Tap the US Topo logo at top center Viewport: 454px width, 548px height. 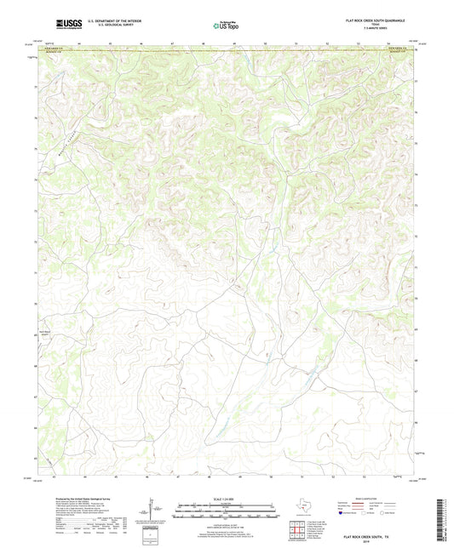(226, 26)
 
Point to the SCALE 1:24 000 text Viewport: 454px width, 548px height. (226, 498)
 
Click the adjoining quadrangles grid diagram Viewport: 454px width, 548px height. (298, 532)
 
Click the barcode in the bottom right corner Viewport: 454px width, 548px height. (443, 520)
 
